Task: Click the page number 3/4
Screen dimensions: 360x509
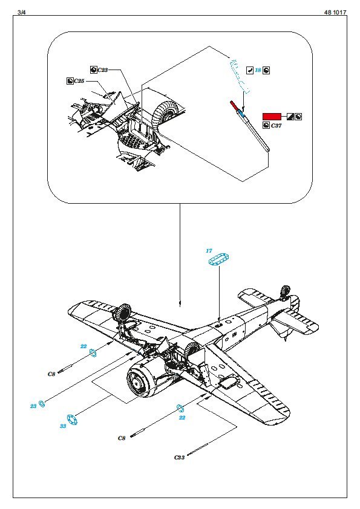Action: pyautogui.click(x=21, y=12)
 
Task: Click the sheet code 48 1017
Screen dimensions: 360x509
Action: pyautogui.click(x=335, y=12)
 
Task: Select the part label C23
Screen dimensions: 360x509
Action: pyautogui.click(x=103, y=70)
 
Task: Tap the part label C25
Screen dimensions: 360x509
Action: pyautogui.click(x=79, y=81)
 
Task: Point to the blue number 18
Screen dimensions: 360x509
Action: pyautogui.click(x=258, y=70)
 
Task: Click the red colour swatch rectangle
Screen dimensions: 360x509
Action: pyautogui.click(x=272, y=117)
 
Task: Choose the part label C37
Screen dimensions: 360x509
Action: pyautogui.click(x=276, y=126)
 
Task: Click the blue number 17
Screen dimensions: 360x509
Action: pyautogui.click(x=209, y=251)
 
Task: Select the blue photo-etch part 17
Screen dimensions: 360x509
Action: pyautogui.click(x=219, y=259)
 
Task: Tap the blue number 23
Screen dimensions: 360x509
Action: pyautogui.click(x=33, y=406)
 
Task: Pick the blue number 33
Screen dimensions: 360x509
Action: pyautogui.click(x=63, y=426)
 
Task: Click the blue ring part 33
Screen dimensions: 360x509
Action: pyautogui.click(x=72, y=420)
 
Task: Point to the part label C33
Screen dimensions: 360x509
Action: pyautogui.click(x=179, y=458)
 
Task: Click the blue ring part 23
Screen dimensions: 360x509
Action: pyautogui.click(x=42, y=404)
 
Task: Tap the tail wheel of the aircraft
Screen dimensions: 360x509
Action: pyautogui.click(x=285, y=291)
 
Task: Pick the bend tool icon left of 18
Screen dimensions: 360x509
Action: pyautogui.click(x=249, y=70)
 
